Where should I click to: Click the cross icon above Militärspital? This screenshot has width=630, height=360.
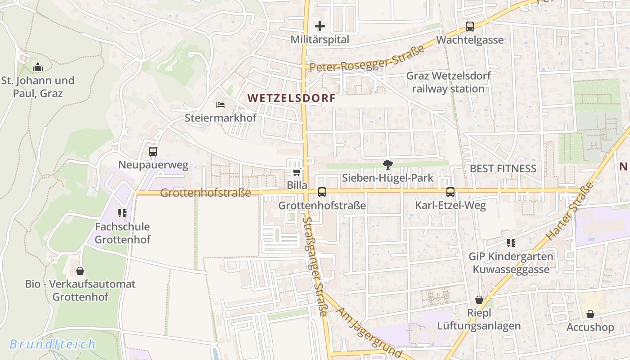tap(320, 26)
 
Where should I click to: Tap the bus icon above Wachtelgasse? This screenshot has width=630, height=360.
tap(470, 27)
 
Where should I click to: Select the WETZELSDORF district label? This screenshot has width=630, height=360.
tap(292, 98)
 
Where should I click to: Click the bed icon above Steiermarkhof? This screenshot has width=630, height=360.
tap(220, 105)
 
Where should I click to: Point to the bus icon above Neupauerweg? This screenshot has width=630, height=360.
tap(153, 152)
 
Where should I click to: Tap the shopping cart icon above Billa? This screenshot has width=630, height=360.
tap(297, 172)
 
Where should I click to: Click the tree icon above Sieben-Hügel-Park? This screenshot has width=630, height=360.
tap(387, 165)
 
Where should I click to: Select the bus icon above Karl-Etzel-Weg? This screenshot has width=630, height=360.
tap(450, 192)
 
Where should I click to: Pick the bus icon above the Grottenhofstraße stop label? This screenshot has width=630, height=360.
tap(322, 192)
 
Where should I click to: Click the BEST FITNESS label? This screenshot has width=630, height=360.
tap(503, 169)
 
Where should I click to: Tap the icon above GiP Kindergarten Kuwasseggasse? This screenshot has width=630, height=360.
tap(511, 243)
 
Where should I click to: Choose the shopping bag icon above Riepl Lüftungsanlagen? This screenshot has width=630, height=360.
tap(479, 300)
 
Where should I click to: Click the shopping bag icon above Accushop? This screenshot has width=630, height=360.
tap(590, 314)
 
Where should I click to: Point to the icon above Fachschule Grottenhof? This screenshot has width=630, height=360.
tap(122, 213)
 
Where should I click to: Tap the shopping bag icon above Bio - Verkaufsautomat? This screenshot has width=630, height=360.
tap(80, 270)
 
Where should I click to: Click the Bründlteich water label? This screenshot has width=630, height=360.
tap(53, 344)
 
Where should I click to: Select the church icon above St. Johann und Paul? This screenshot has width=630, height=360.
tap(38, 67)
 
